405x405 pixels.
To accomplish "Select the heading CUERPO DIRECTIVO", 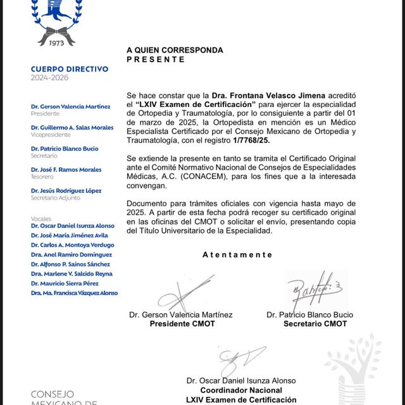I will pyautogui.click(x=69, y=69).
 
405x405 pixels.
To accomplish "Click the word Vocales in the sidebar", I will pyautogui.click(x=40, y=218).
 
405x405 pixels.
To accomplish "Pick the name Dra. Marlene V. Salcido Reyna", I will pyautogui.click(x=72, y=273).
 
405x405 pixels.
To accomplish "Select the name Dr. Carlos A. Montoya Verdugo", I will pyautogui.click(x=73, y=245).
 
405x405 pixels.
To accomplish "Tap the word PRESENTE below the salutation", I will pyautogui.click(x=156, y=59).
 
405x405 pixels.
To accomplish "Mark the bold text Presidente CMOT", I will pyautogui.click(x=182, y=324).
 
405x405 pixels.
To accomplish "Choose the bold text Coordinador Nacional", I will pyautogui.click(x=241, y=390).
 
